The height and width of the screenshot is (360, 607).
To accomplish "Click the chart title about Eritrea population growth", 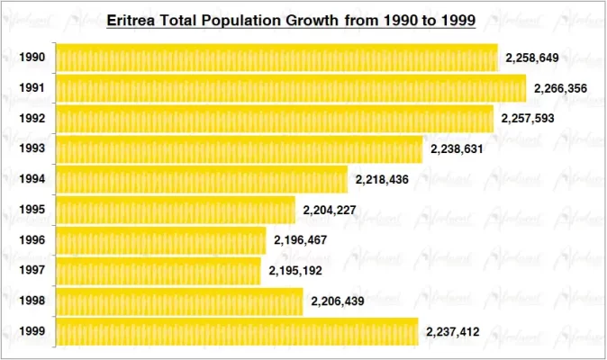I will (x=291, y=19).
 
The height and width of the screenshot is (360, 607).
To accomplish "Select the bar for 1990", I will (x=276, y=58).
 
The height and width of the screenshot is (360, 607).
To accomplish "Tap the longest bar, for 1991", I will (x=291, y=88).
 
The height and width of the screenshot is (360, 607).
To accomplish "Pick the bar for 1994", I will (x=202, y=180).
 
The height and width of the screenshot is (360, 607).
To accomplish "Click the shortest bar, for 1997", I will (x=159, y=270).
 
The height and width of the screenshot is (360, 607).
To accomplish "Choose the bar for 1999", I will (x=238, y=331).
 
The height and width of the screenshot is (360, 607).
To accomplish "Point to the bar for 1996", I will (x=161, y=240).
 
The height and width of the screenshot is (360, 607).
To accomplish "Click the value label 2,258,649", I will (x=532, y=58).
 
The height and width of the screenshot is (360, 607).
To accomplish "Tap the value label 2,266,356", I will (x=561, y=88).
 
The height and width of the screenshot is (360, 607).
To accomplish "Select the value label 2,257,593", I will (x=529, y=119).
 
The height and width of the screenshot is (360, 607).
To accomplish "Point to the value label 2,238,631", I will (x=458, y=149).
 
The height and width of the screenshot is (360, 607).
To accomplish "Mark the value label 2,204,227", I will (x=331, y=211).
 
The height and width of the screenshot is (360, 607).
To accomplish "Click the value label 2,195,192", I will (x=295, y=270).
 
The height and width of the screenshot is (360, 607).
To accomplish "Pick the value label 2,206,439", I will (x=338, y=301).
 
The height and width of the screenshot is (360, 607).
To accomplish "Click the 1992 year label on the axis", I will (x=32, y=119).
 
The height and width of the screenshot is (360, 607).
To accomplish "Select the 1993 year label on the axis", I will (x=32, y=149).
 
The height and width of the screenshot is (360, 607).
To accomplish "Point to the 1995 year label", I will (x=32, y=211).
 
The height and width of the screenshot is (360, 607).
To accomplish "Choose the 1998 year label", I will (x=32, y=301).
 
